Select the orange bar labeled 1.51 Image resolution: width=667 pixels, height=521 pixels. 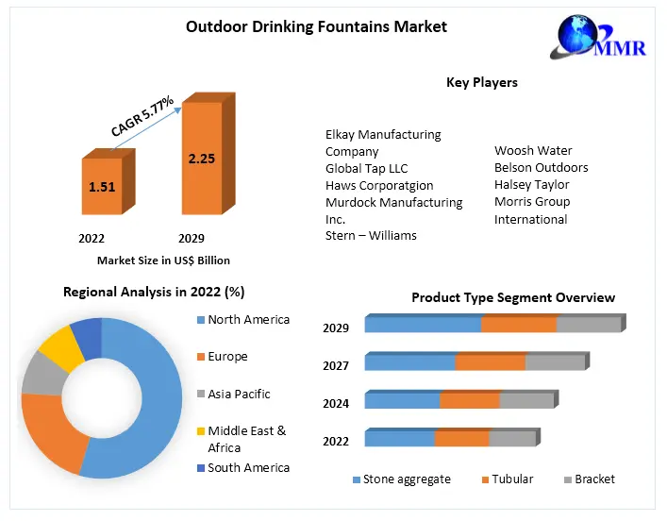101,187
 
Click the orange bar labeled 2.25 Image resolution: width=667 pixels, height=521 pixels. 201,159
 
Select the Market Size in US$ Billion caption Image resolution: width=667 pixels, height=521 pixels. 163,260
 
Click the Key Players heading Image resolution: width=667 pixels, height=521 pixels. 481,83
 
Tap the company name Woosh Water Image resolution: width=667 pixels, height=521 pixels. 533,151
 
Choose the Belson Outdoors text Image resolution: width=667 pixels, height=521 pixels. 541,168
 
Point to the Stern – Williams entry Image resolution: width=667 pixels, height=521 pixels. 371,235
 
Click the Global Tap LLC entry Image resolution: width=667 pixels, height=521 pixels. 366,168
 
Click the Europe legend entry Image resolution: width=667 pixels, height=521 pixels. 227,357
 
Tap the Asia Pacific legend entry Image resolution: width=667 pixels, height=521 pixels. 239,394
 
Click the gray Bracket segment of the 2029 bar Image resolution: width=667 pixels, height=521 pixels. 589,325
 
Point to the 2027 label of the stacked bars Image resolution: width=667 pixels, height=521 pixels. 336,365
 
